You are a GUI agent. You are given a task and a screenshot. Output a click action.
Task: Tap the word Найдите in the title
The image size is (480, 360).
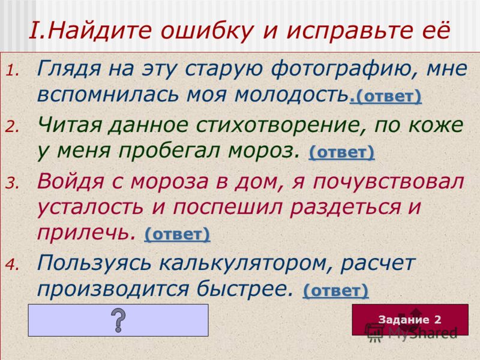pos(99,31)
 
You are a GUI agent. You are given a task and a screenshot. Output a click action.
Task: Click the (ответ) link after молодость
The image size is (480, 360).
pos(386,96)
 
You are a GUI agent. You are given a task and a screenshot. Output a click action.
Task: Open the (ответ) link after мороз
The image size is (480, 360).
pos(341,152)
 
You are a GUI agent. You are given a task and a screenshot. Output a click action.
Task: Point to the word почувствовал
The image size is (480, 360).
pos(388,182)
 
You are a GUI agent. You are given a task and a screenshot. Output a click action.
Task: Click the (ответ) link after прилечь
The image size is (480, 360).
pos(177,235)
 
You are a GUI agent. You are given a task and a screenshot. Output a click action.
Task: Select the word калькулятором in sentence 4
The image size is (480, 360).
pos(246,263)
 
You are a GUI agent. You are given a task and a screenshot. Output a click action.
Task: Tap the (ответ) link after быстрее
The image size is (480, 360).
pos(335,290)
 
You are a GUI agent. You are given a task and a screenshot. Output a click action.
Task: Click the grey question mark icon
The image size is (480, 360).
pos(118,320)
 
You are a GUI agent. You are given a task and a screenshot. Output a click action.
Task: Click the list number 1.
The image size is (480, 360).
pos(13,71)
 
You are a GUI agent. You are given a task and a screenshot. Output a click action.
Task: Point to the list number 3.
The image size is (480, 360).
pos(13,184)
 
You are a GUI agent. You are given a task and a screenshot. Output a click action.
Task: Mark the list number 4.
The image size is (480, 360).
pos(13,265)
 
